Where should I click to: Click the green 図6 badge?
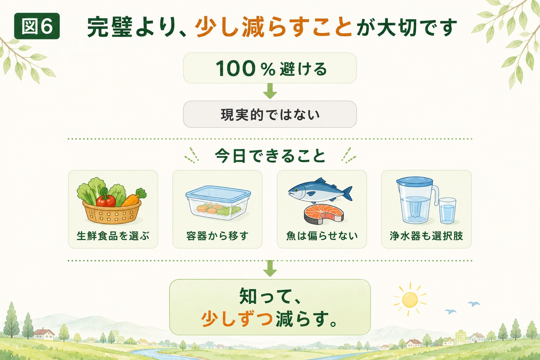(37, 26)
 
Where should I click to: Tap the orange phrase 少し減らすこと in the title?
(274, 27)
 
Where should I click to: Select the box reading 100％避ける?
(270, 68)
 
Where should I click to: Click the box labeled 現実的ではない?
(270, 114)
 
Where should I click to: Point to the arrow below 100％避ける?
(270, 91)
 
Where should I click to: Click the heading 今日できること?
(270, 156)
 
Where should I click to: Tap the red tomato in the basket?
(106, 200)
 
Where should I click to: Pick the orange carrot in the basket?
(131, 200)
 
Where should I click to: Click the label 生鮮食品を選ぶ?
(113, 236)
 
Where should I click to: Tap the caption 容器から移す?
(217, 236)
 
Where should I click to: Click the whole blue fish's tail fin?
(347, 193)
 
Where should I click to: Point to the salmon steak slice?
(323, 214)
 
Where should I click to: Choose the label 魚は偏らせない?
(322, 236)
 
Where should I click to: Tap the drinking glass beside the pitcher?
(448, 211)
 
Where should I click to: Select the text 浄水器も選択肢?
(426, 236)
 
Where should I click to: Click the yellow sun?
(410, 300)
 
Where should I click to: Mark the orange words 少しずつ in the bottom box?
(237, 319)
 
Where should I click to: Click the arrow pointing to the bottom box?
(270, 268)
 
